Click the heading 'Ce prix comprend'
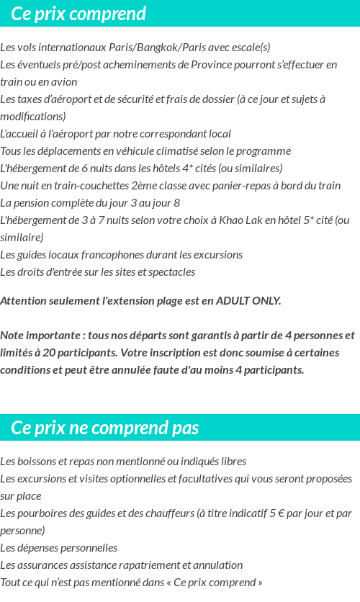pyautogui.click(x=78, y=14)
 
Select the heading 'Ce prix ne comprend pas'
pyautogui.click(x=104, y=428)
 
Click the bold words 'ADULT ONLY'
pyautogui.click(x=248, y=301)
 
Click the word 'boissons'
pyautogui.click(x=38, y=462)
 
